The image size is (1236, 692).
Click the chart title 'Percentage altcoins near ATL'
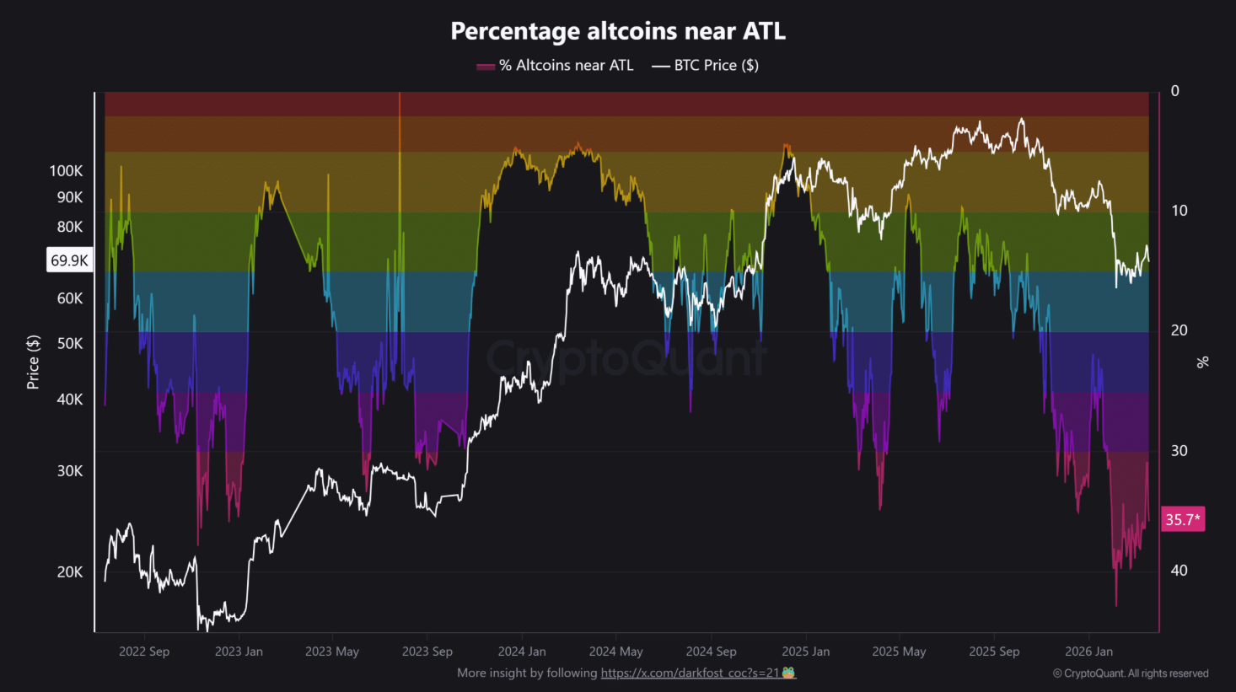618,31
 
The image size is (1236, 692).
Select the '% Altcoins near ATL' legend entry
556,66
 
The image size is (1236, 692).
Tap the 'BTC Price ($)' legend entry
707,66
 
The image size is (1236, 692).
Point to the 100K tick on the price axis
66,171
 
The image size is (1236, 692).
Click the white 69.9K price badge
69,260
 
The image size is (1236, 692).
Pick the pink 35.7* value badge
1182,519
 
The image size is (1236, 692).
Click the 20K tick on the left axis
70,572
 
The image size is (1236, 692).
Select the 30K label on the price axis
70,471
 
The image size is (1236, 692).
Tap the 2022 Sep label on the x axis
144,652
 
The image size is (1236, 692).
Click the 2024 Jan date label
522,652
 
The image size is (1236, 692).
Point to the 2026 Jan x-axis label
1088,652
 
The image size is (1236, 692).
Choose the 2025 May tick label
899,652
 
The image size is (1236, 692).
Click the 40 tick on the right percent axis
1179,571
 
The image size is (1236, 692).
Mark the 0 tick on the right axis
1174,91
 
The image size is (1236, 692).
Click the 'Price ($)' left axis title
33,362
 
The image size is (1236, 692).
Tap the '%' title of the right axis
1202,362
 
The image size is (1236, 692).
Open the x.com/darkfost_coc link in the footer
690,673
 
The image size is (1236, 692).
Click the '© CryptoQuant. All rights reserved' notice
1131,673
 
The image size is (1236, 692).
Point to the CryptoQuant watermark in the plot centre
626,358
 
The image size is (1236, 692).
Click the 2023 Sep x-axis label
427,652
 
